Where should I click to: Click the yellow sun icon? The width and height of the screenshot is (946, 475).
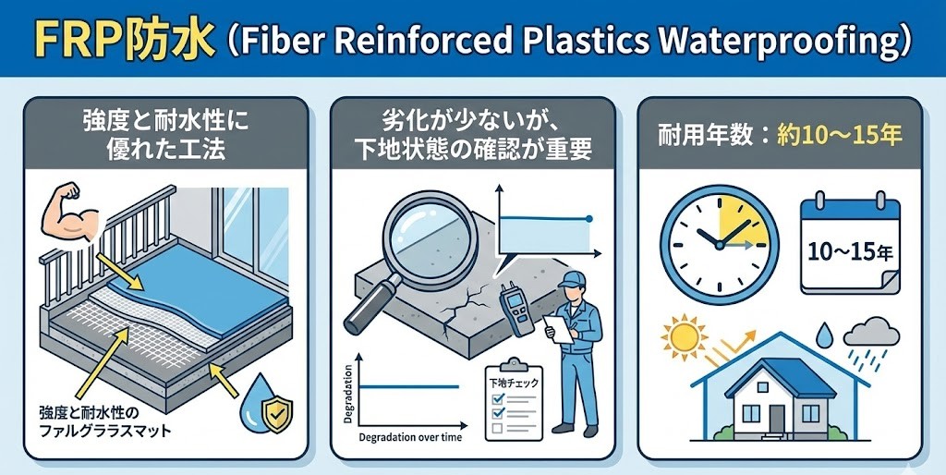click(x=685, y=339)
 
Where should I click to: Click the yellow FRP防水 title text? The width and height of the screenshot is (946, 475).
click(x=98, y=41)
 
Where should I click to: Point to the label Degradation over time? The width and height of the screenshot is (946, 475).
click(x=409, y=435)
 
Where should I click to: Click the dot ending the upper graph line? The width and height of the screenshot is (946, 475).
click(x=588, y=218)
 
